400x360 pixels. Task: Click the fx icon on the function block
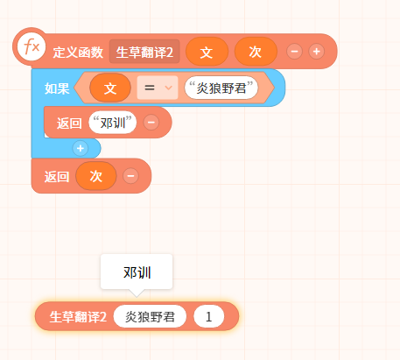(32, 46)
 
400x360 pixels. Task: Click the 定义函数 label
(78, 53)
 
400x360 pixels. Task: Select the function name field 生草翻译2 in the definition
(144, 52)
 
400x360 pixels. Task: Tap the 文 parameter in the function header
(207, 52)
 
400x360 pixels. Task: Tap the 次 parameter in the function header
(256, 52)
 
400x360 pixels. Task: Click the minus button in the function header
(294, 52)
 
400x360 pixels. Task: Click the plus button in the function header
(317, 52)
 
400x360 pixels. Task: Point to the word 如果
(57, 88)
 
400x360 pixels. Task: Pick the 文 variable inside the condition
(110, 88)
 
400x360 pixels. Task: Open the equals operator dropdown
(158, 88)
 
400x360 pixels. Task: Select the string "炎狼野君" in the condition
(221, 88)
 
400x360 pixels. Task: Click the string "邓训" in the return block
(113, 123)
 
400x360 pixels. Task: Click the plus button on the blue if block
(81, 148)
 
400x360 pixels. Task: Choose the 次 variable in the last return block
(96, 176)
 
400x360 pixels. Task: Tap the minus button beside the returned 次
(130, 176)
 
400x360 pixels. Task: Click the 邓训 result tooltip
(137, 272)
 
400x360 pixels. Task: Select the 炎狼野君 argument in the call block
(150, 316)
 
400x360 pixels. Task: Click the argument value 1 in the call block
(209, 316)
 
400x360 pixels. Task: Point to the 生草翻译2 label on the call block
(78, 317)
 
